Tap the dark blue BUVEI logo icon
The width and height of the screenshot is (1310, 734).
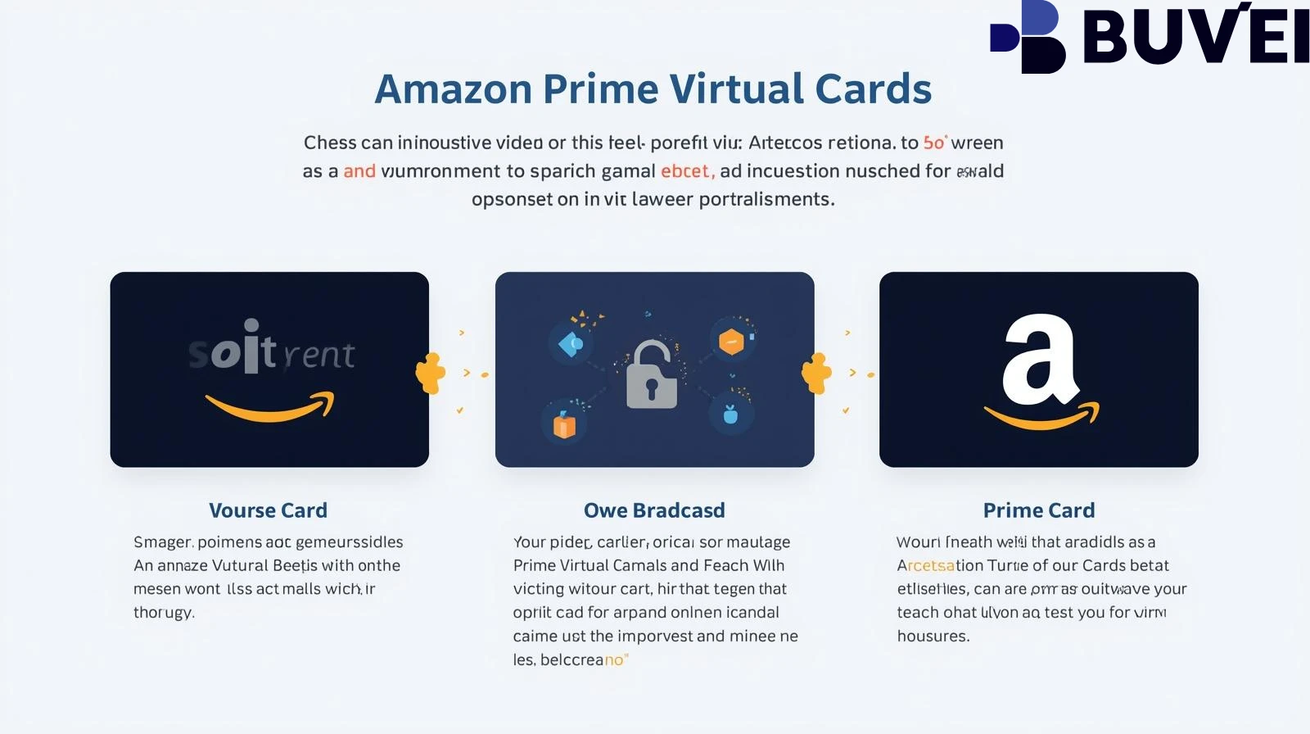pos(1030,38)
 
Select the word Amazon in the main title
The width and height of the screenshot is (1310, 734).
pos(453,89)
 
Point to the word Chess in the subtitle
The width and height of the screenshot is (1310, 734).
pos(330,143)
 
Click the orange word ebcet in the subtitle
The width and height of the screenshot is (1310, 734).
pos(687,171)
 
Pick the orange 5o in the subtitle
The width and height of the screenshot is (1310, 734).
pos(934,143)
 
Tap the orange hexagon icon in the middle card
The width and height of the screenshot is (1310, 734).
pos(731,341)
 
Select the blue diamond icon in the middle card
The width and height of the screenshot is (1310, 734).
pos(570,344)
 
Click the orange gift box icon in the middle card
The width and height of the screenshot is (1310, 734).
pos(564,425)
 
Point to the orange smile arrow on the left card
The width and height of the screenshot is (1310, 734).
pos(271,407)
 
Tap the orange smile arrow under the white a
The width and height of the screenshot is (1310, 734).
pos(1041,418)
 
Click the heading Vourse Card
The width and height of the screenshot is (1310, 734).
pos(268,510)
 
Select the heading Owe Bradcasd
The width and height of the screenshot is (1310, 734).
pos(654,510)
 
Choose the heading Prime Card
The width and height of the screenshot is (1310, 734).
pos(1038,510)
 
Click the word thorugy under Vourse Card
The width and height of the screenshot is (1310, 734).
pos(164,613)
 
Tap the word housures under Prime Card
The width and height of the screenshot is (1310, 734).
pos(933,637)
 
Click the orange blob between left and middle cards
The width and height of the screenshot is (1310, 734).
pos(430,374)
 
